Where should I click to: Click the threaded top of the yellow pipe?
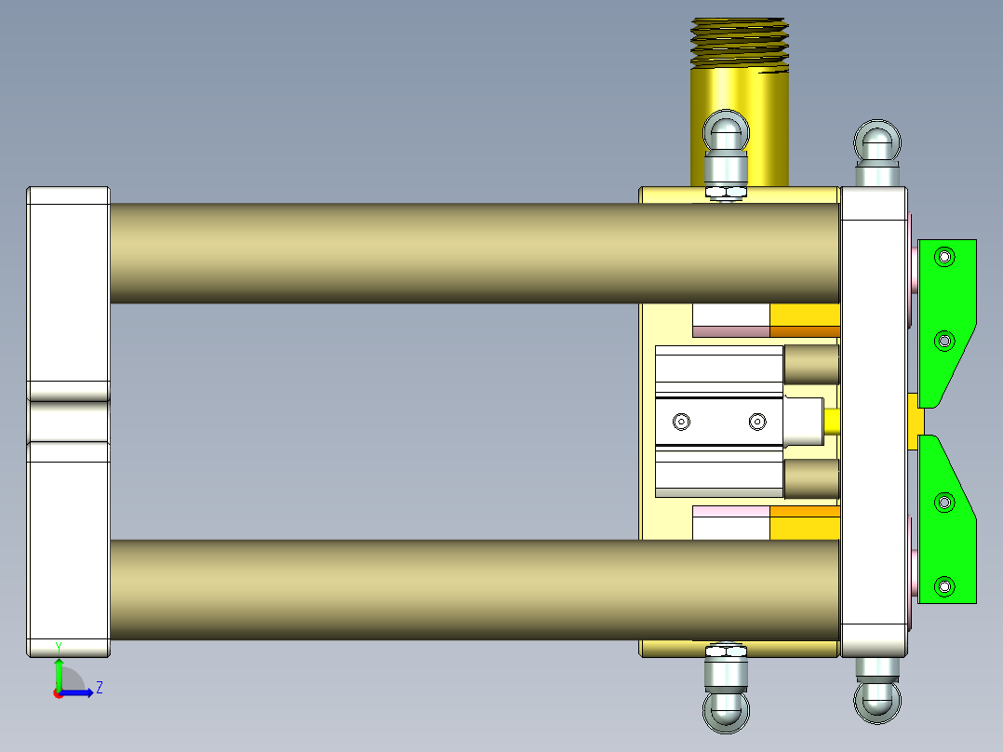point(739,45)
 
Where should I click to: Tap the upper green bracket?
point(949,316)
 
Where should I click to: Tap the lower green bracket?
point(949,530)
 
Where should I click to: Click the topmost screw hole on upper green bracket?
point(945,256)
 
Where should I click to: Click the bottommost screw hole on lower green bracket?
point(945,586)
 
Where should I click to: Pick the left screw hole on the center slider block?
point(682,422)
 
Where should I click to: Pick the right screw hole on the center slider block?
point(757,422)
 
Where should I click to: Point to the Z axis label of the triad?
point(99,688)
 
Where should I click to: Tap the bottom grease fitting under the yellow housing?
point(726,707)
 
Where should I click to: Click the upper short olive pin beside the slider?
point(811,364)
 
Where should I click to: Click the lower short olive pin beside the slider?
point(811,479)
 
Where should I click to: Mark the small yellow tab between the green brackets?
point(916,414)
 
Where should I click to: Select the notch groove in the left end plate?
point(68,421)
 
